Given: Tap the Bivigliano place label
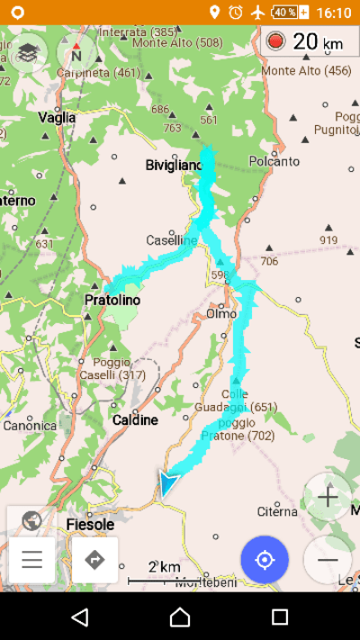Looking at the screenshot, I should coord(174,165).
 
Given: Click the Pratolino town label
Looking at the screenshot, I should coord(112,300).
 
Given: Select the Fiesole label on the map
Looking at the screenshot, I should coord(90,524).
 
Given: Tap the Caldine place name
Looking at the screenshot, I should coord(135,419).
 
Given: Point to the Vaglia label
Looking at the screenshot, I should coord(57,118).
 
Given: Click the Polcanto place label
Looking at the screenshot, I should coord(274,161).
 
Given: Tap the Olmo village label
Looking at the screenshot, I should coord(221,313).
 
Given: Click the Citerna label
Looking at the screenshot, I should coord(276,511).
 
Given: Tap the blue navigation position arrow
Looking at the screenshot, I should coord(166,482).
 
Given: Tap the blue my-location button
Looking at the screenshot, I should coord(265,560).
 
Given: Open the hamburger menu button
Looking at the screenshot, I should coord(32,560).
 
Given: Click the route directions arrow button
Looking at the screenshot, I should coord(94,560).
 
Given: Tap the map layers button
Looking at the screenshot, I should coord(29,51).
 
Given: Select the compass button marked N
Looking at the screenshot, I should coord(76,53).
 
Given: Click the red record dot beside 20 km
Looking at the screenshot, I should coord(275,41).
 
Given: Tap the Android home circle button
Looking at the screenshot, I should coord(180,617).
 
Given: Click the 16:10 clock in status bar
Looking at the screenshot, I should coord(334,13).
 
